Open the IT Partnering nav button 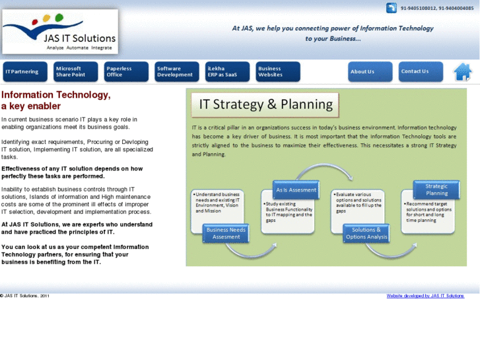[24, 71]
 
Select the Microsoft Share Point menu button [75, 71]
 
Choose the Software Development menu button [176, 71]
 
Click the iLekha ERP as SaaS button [227, 71]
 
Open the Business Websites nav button [277, 71]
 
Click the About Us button [370, 71]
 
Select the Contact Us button [420, 71]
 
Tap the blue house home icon [463, 71]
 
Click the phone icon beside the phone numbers [392, 9]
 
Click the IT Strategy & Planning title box [265, 104]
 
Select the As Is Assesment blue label [296, 190]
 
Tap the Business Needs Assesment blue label [226, 233]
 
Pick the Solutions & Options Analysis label [366, 233]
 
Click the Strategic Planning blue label [436, 190]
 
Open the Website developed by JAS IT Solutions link [425, 296]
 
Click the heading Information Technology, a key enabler [56, 100]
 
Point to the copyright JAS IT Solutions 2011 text [25, 296]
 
